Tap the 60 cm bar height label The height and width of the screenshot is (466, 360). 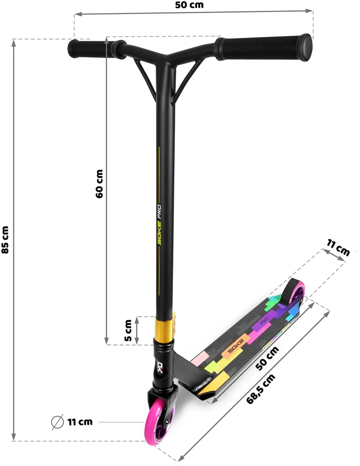tap(99, 184)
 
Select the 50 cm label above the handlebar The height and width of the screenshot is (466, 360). tap(189, 5)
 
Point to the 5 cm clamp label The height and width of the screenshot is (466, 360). tap(128, 330)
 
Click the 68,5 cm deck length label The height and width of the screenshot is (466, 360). tap(261, 389)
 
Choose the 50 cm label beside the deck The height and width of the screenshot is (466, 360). tap(268, 358)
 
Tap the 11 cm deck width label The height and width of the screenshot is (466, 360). tap(338, 248)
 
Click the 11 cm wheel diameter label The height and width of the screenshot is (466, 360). tap(80, 422)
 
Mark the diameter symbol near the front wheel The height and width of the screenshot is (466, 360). tap(57, 422)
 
